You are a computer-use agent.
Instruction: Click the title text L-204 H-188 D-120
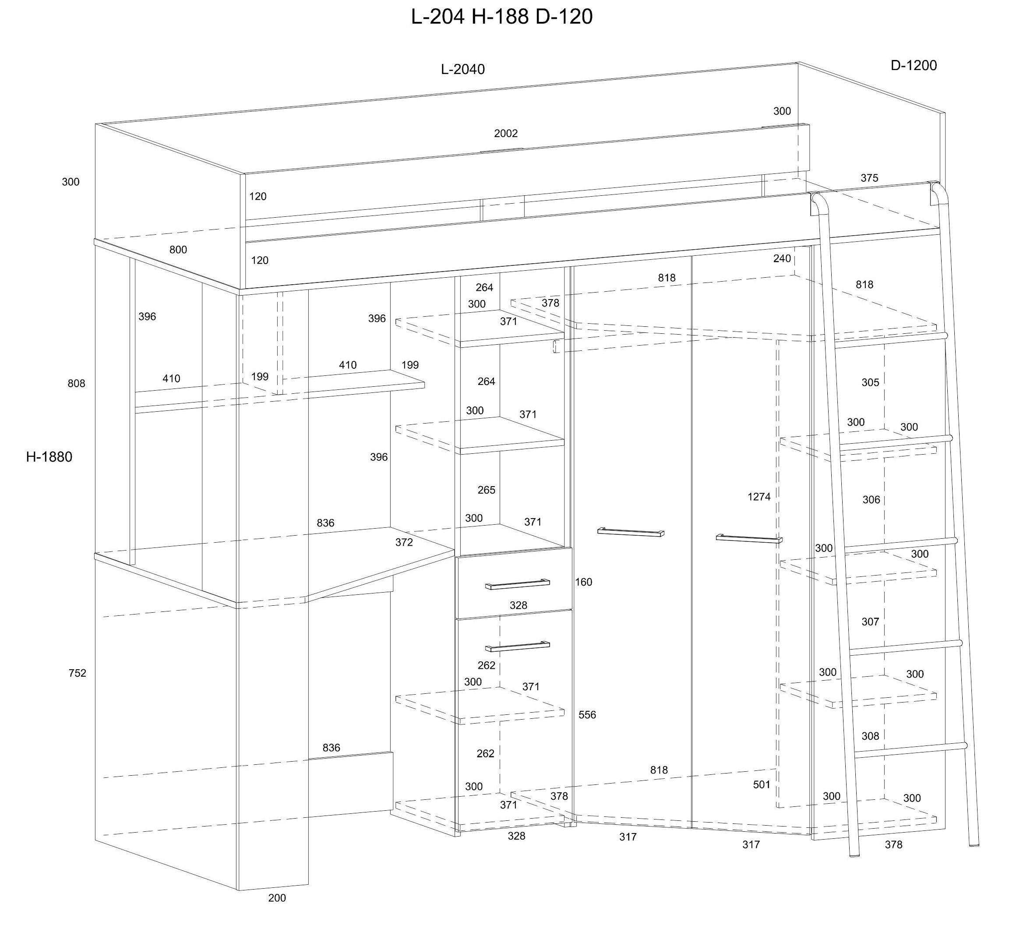coord(501,17)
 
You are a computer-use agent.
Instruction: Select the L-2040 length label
coord(462,69)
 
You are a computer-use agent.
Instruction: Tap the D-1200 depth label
coord(914,65)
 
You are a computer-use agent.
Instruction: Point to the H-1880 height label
coord(49,457)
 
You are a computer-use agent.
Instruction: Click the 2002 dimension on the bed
coord(506,134)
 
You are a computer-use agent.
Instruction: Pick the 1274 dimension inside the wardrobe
coord(759,497)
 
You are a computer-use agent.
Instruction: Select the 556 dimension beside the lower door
coord(587,715)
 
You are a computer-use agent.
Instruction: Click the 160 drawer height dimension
coord(583,582)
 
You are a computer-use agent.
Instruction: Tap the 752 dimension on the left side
coord(78,673)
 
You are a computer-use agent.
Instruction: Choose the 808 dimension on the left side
coord(77,383)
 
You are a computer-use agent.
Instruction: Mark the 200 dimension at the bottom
coord(277,898)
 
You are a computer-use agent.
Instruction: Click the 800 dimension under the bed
coord(178,250)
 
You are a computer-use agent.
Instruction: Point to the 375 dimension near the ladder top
coord(869,178)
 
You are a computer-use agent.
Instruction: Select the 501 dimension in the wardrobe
coord(761,784)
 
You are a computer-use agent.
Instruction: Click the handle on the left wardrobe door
coord(631,531)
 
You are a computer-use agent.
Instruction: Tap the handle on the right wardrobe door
coord(749,538)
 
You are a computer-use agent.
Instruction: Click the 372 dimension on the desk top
coord(404,542)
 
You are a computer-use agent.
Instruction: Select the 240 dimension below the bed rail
coord(782,258)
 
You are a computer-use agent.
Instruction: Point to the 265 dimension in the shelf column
coord(486,490)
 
